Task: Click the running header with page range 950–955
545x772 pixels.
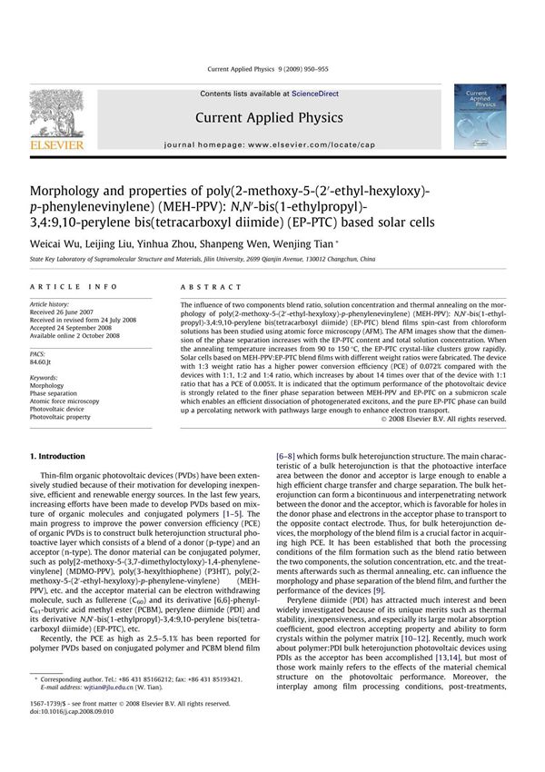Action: [272, 70]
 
